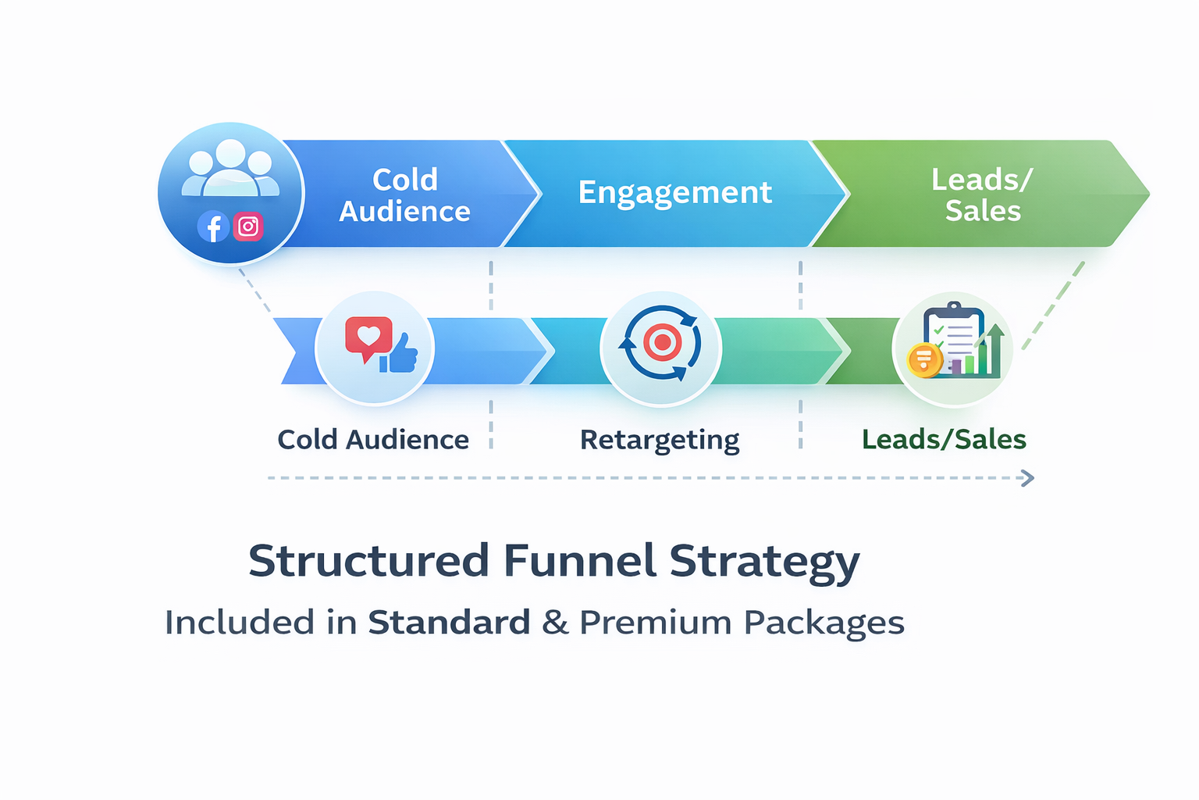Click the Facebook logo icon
(x=213, y=227)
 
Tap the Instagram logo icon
(x=248, y=227)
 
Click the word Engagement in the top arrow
(x=674, y=193)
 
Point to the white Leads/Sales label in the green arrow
(x=982, y=195)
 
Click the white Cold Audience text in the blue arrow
(x=404, y=195)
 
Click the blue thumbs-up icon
(x=400, y=355)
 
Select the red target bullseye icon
(x=662, y=342)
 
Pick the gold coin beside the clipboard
(x=924, y=360)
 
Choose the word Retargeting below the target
(x=660, y=441)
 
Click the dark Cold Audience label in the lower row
(x=373, y=440)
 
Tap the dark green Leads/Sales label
(x=944, y=440)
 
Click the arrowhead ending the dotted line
(x=1028, y=478)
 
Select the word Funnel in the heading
(x=579, y=561)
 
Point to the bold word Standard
(x=449, y=623)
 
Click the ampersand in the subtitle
(x=555, y=623)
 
